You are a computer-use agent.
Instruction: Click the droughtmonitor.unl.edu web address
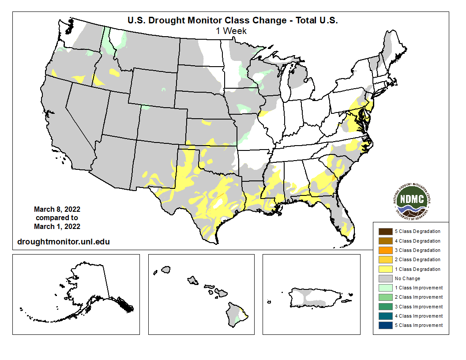(x=63, y=241)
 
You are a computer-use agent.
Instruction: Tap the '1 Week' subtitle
(x=231, y=31)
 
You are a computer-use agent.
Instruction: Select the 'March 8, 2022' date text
(x=57, y=209)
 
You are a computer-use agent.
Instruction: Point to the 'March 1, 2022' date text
(x=57, y=226)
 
